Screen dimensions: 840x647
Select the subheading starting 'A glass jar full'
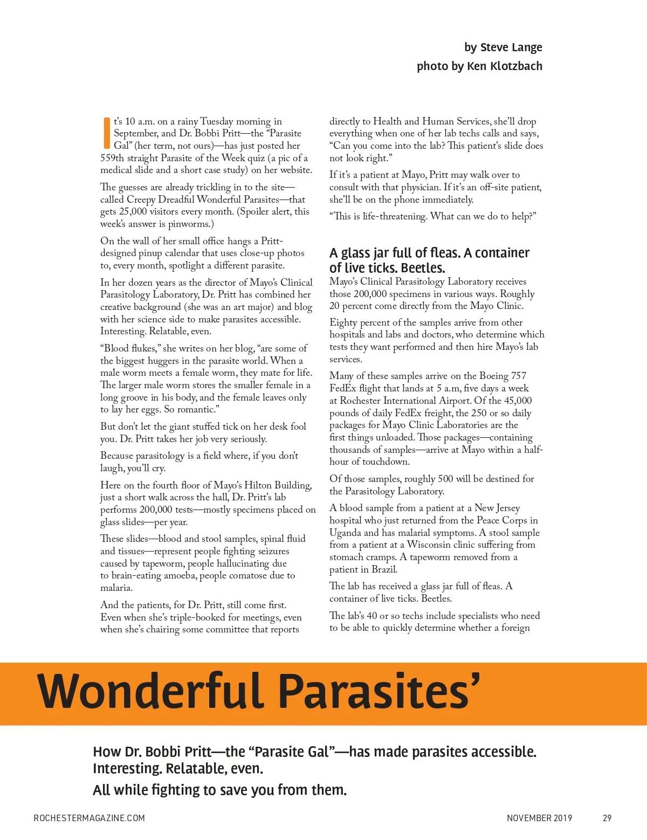coord(429,260)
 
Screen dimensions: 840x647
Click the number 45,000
coord(518,401)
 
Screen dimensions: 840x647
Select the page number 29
coord(607,818)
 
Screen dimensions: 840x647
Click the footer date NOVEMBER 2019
coord(539,818)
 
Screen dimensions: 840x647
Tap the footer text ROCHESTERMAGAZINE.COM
coord(89,818)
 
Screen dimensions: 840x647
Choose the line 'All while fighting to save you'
coord(219,790)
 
